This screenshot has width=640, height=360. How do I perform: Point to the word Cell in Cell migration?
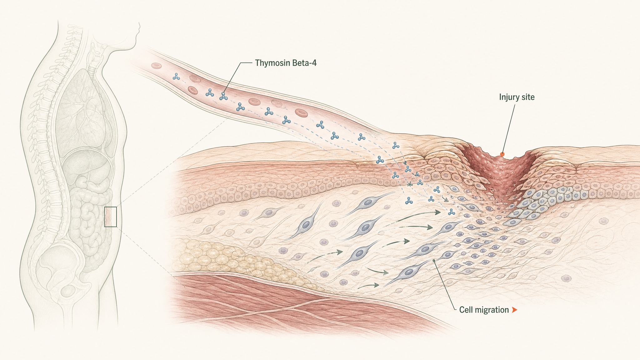coord(466,310)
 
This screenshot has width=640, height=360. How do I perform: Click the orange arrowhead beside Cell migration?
coord(514,310)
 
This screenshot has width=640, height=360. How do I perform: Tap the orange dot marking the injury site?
coord(502,154)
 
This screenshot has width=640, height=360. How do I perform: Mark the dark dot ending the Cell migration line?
coord(434,260)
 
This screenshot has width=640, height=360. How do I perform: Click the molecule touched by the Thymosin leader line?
coord(223,97)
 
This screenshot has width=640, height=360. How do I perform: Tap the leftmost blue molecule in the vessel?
coord(176,77)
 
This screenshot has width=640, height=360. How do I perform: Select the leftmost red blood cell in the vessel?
coord(156,66)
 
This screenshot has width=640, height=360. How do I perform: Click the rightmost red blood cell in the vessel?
coord(302,112)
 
